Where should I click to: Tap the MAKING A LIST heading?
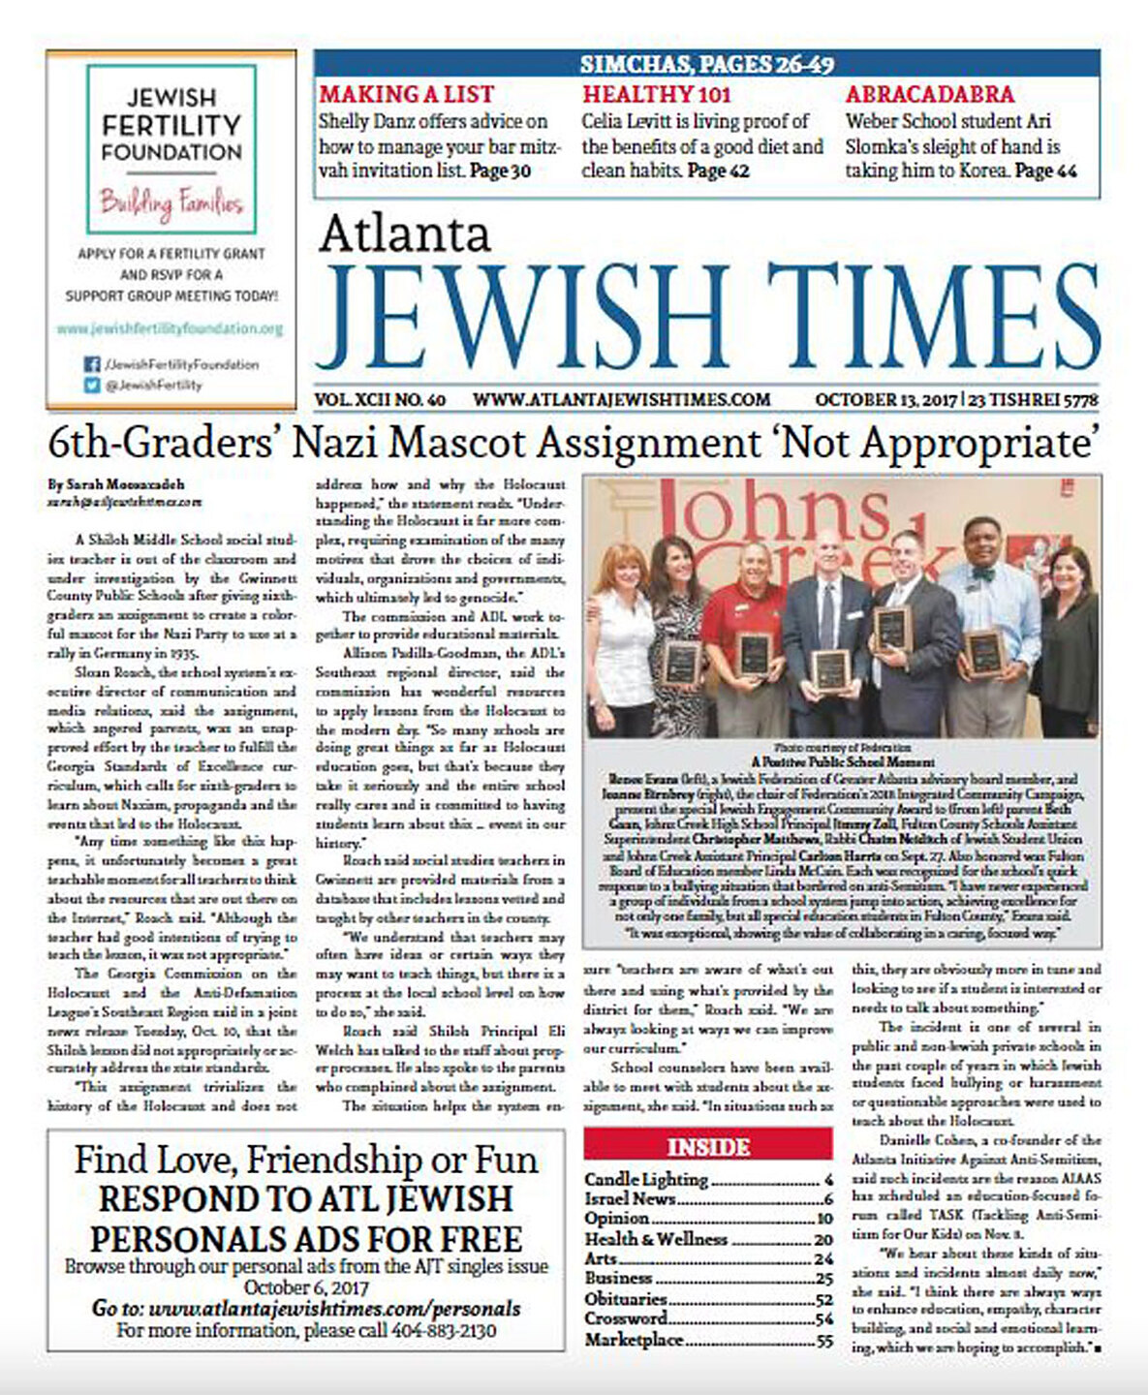pos(407,95)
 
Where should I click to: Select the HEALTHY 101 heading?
pos(656,95)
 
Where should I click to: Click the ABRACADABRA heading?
pos(930,95)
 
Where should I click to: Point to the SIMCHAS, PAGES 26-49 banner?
pos(706,65)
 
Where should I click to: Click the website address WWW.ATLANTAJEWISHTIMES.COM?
pos(621,399)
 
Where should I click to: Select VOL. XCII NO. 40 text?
pos(380,399)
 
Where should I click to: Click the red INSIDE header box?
pos(708,1147)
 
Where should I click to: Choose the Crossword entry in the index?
pos(626,1318)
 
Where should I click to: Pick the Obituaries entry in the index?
pos(626,1298)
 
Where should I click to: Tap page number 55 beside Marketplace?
pos(824,1341)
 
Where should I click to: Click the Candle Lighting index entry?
pos(646,1179)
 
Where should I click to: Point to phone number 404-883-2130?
pos(444,1331)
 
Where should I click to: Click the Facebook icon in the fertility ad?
pos(92,365)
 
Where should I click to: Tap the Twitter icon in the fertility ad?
pos(92,385)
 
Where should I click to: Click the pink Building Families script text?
pos(171,203)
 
